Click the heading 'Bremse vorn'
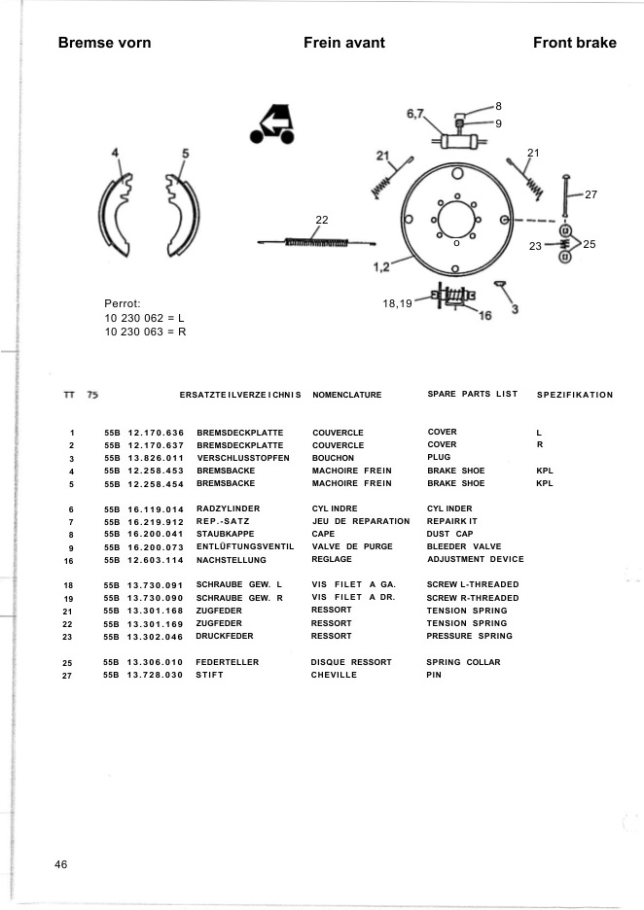coord(104,43)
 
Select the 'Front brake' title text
coord(575,43)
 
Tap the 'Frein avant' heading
coord(344,43)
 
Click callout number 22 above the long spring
coord(322,219)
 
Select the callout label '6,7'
coord(415,115)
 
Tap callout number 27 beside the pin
coord(590,194)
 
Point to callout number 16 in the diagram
coord(485,316)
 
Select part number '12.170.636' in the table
coord(155,432)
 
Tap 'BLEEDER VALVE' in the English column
coord(464,546)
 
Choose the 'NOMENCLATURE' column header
coord(347,395)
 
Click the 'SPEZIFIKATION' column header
coord(575,395)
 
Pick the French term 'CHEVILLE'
coord(335,675)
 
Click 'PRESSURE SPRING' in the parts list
coord(469,636)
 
